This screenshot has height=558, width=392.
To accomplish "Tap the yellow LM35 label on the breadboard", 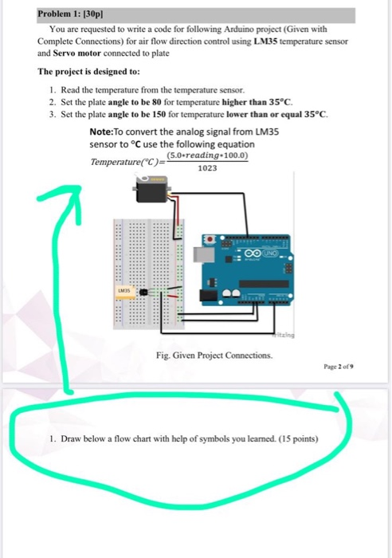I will pyautogui.click(x=125, y=290).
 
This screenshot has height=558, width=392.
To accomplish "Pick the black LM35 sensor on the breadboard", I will pyautogui.click(x=143, y=292).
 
